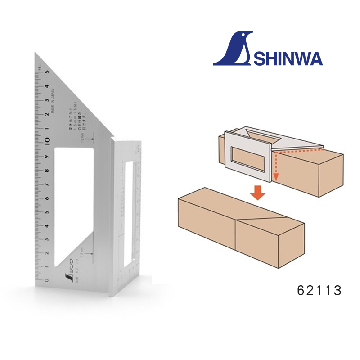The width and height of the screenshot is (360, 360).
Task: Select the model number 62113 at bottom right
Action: coord(319,291)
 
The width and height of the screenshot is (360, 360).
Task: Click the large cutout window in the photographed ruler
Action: coord(72,202)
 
